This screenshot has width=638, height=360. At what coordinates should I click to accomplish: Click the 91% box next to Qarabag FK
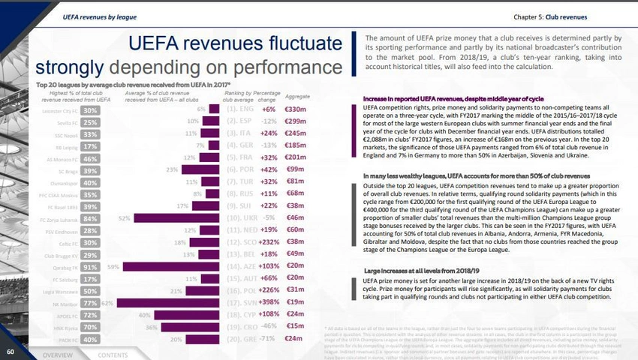coord(90,266)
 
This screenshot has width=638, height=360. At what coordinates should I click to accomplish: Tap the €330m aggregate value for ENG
coord(296,109)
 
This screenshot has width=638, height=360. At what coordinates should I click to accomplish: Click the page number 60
coord(11,351)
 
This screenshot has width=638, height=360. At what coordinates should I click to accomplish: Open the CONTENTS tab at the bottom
coord(113,355)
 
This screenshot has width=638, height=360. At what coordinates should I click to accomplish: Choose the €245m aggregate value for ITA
coord(296,133)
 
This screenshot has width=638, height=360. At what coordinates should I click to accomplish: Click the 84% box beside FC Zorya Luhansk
coord(90,218)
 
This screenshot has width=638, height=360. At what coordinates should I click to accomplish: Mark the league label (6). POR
coord(240,169)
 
